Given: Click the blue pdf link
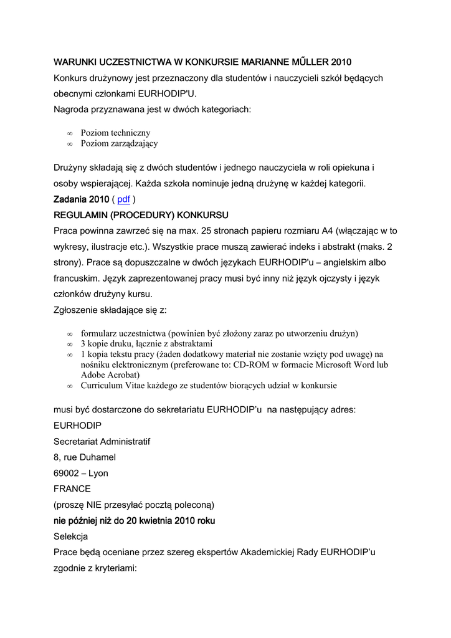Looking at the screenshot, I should point(123,199).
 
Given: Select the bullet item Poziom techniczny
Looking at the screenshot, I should point(115,133).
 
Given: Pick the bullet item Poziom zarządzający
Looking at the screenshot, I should point(119,143).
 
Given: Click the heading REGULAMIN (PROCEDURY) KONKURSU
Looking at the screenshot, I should point(141,215).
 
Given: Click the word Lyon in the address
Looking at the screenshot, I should point(98,473).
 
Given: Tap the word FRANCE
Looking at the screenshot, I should point(72,488).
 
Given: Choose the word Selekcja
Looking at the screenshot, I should point(71,536).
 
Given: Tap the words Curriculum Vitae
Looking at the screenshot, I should point(113,385).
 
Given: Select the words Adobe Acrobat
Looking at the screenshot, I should point(110,374).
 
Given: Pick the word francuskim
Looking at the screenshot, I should point(79,278).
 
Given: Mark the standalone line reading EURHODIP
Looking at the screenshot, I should point(77,426).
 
